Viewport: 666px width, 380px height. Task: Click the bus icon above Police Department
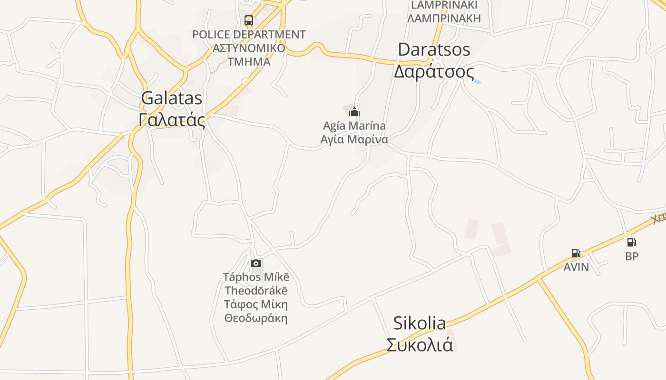coord(249,20)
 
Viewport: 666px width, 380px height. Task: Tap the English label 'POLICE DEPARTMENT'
coord(249,35)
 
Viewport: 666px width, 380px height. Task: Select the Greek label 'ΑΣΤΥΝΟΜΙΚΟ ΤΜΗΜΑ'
coord(249,55)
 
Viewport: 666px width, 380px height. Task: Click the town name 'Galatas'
coord(172,98)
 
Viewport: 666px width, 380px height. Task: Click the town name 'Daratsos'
coord(434,49)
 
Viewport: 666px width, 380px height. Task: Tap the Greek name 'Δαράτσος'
coord(434,72)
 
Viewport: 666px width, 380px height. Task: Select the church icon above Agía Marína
coord(354,112)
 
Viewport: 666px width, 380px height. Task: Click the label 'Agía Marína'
coord(354,126)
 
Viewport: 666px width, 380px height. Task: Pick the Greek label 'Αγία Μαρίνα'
coord(354,140)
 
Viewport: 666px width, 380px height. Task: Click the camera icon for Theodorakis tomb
coord(256,264)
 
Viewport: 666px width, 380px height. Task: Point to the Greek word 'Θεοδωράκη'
coord(256,318)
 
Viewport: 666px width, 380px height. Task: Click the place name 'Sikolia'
coord(420,323)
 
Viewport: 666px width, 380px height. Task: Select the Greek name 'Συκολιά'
coord(420,345)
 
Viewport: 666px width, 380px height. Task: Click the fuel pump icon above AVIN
coord(576,253)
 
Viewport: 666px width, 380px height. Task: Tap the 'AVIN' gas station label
coord(576,267)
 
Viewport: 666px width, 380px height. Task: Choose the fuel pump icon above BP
coord(631,242)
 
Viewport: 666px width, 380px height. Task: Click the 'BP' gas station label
coord(632,256)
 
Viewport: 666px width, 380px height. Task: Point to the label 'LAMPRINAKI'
coord(444,5)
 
